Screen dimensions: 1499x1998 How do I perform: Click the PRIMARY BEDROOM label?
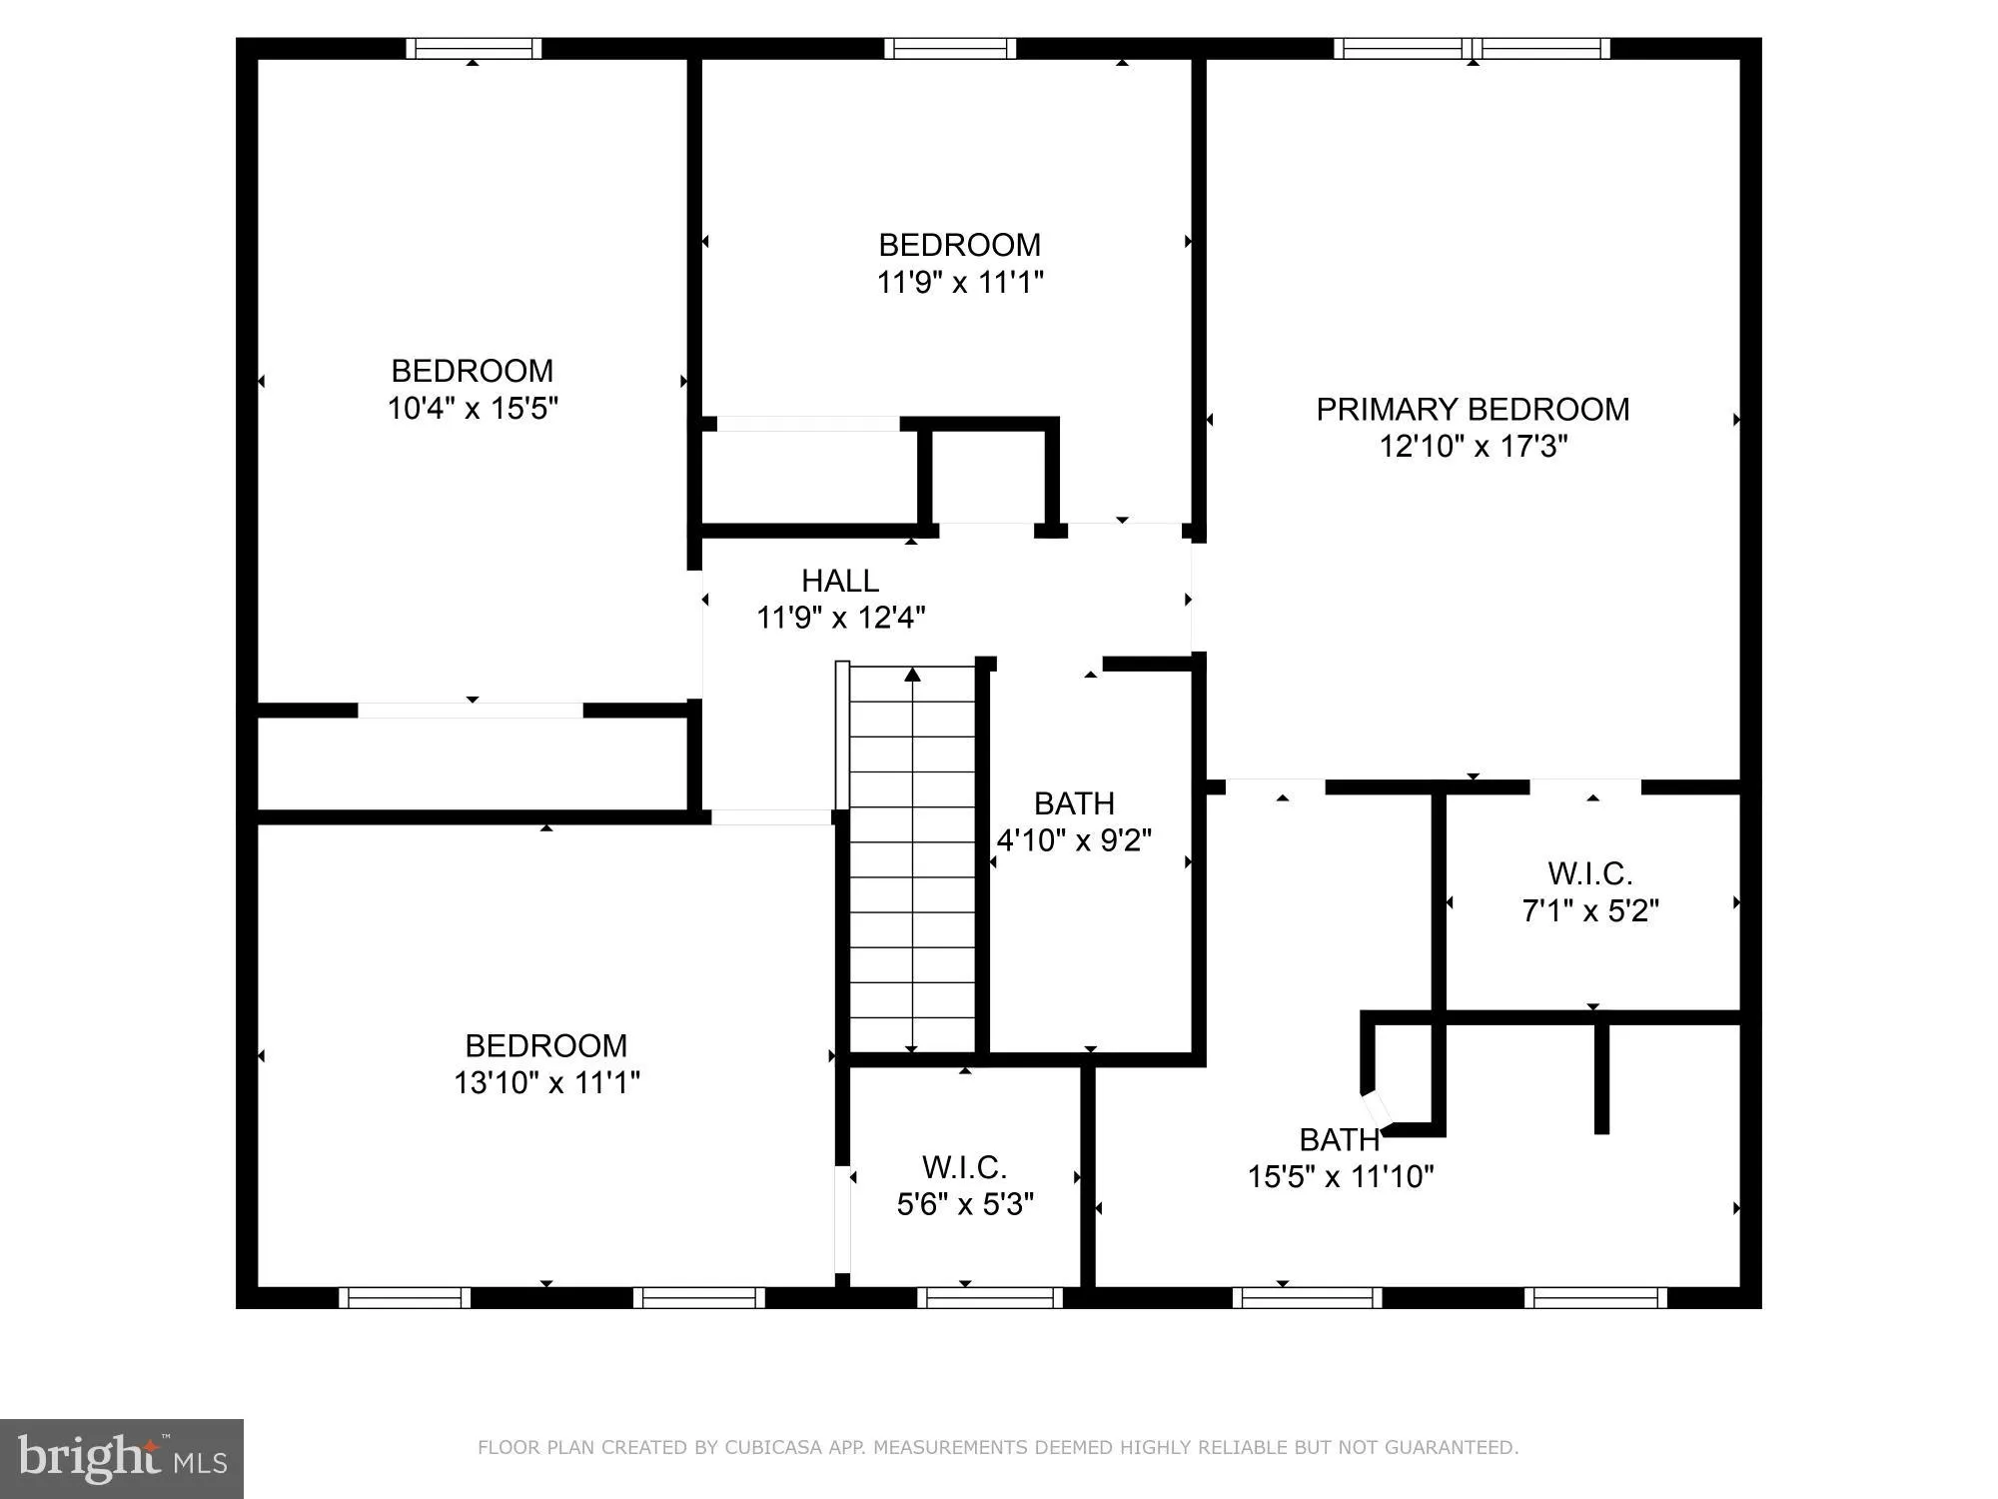pyautogui.click(x=1472, y=409)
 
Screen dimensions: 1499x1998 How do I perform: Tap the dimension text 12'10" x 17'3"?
pyautogui.click(x=1473, y=446)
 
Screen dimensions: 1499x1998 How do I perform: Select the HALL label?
pyautogui.click(x=839, y=581)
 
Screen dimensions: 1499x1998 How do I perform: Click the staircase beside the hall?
pyautogui.click(x=911, y=859)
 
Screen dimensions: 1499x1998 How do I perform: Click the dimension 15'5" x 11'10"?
pyautogui.click(x=1340, y=1176)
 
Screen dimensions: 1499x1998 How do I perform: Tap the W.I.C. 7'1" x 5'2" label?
pyautogui.click(x=1589, y=891)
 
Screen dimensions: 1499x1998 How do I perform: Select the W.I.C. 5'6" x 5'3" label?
pyautogui.click(x=964, y=1185)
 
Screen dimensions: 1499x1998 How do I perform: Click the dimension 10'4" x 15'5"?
pyautogui.click(x=472, y=408)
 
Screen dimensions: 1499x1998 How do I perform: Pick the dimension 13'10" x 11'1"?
pyautogui.click(x=546, y=1082)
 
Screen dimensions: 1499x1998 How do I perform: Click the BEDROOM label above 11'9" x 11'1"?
pyautogui.click(x=959, y=245)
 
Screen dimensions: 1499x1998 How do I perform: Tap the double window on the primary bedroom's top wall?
pyautogui.click(x=1472, y=48)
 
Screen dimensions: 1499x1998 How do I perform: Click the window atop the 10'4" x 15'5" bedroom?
pyautogui.click(x=474, y=48)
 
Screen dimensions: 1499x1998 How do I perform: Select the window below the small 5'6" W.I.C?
pyautogui.click(x=989, y=1297)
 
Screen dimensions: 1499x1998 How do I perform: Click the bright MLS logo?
pyautogui.click(x=121, y=1458)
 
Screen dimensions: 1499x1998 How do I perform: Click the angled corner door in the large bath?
pyautogui.click(x=1377, y=1106)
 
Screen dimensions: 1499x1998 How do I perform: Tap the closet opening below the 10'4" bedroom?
pyautogui.click(x=471, y=711)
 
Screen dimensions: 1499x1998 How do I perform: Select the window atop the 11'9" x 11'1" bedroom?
pyautogui.click(x=949, y=48)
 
